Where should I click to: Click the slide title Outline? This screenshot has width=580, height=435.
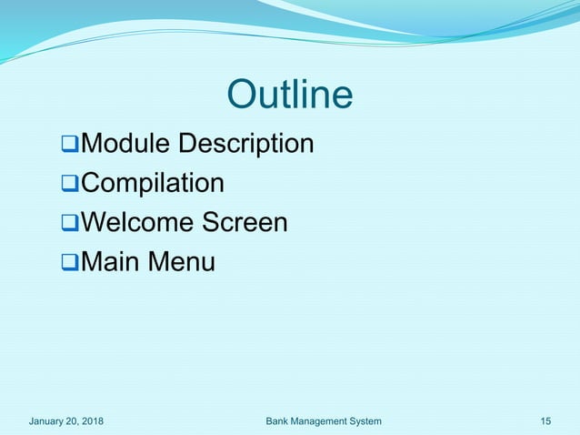[289, 95]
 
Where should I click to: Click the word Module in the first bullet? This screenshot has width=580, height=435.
[125, 144]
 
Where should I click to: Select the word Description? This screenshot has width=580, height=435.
[245, 144]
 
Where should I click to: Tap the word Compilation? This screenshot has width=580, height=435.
[153, 184]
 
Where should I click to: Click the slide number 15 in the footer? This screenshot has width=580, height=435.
[545, 420]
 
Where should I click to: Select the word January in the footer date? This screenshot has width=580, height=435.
[48, 420]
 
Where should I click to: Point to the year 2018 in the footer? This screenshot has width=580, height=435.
[90, 420]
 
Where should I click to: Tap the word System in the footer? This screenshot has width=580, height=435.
[365, 420]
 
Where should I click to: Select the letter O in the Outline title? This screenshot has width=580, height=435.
[241, 95]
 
